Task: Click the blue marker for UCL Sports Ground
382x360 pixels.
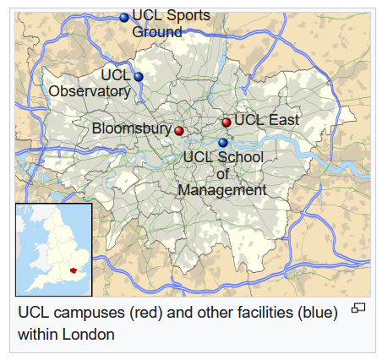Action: pos(124,17)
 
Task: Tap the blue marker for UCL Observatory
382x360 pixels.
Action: pos(139,77)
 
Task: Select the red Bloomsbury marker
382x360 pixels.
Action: pos(179,130)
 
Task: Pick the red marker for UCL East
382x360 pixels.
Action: pos(226,123)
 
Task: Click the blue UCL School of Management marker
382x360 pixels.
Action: pos(223,143)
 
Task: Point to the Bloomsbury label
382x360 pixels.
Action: pos(132,129)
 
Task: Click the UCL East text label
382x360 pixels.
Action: pos(266,120)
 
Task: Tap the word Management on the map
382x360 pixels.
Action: pos(222,190)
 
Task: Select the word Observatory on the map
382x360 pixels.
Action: pos(90,91)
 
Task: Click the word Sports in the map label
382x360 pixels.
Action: pos(188,15)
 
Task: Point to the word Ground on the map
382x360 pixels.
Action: pos(157,32)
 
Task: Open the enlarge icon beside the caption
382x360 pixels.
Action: pos(358,308)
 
